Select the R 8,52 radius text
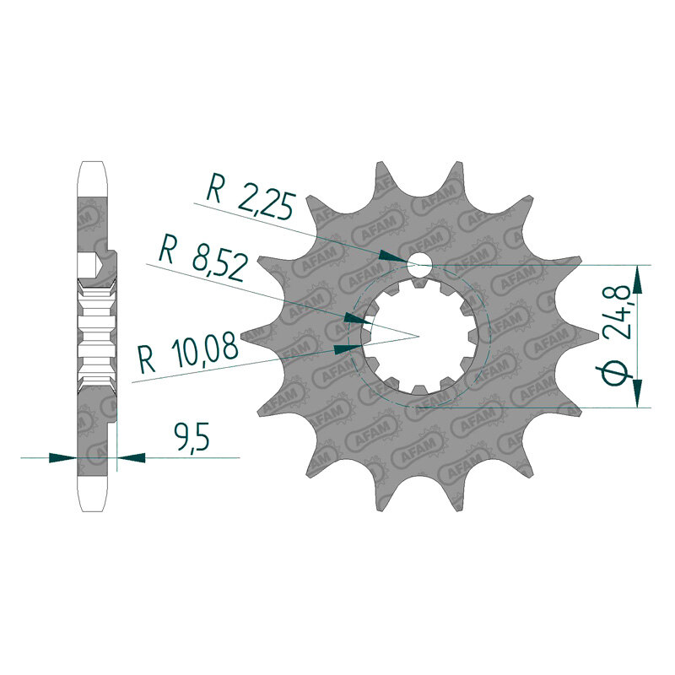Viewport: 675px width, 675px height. (x=203, y=259)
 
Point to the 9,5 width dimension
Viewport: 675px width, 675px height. (x=192, y=435)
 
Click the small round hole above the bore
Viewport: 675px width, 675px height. (x=418, y=263)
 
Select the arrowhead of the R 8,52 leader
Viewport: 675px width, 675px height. (x=358, y=320)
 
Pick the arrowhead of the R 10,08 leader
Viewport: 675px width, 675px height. (x=348, y=348)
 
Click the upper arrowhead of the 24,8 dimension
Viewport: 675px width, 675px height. (x=638, y=279)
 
